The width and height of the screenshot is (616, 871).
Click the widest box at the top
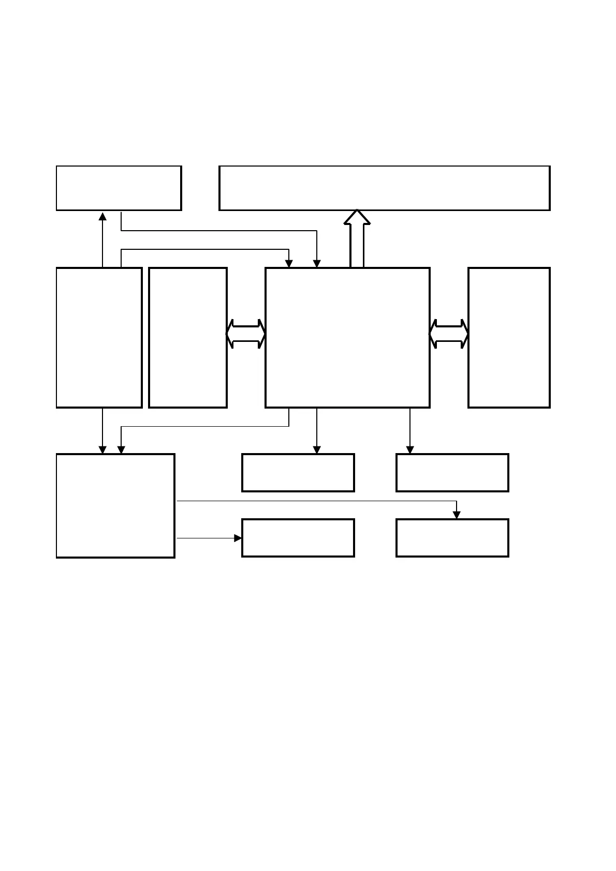(x=384, y=188)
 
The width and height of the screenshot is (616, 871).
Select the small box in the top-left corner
(x=119, y=188)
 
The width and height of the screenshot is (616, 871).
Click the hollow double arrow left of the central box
(x=246, y=334)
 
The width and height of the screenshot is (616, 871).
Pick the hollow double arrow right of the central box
(x=449, y=334)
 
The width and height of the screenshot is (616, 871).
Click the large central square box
(x=347, y=337)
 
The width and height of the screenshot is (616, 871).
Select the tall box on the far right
(x=509, y=337)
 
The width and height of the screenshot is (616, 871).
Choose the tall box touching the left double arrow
(x=188, y=337)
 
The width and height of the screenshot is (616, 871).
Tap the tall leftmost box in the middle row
(x=99, y=337)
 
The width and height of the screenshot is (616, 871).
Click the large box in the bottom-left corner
(x=115, y=506)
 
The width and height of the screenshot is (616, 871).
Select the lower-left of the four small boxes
(x=298, y=538)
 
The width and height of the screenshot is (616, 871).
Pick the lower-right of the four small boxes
(x=452, y=538)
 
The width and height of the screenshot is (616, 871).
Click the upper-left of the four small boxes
(x=298, y=473)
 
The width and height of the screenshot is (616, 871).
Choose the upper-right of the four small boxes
(x=452, y=473)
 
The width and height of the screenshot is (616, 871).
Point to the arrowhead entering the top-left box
(x=102, y=216)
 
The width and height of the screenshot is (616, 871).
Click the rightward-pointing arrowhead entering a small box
(x=238, y=538)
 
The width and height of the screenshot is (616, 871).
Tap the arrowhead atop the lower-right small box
(x=457, y=515)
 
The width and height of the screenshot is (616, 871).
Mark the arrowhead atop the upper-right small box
(x=410, y=450)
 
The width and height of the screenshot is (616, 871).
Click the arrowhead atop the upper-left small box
(x=317, y=450)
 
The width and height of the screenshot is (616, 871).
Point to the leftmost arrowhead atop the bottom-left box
(x=102, y=450)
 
